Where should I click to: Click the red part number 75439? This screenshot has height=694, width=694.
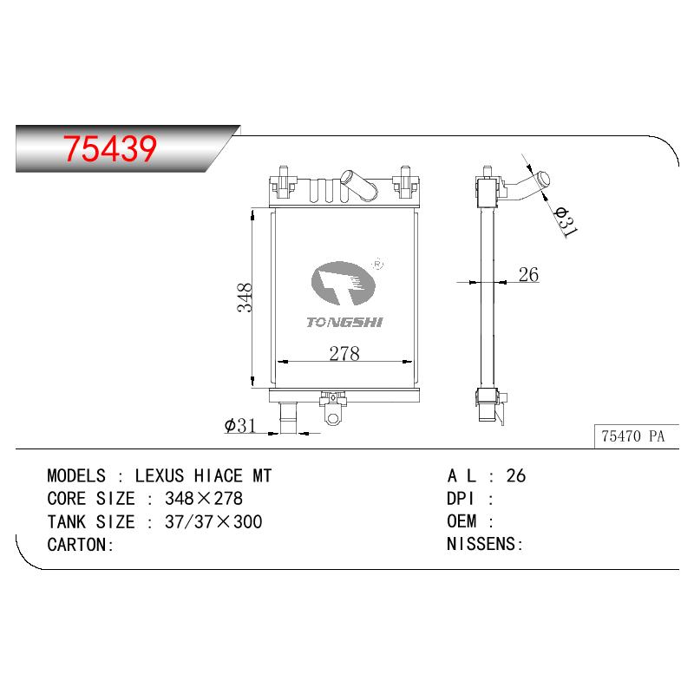[110, 147]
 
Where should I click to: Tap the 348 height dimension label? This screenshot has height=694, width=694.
[245, 298]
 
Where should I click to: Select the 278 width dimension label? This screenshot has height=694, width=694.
[344, 353]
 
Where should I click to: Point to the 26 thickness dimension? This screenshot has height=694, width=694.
[528, 274]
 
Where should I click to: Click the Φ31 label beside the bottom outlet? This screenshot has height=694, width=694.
[240, 425]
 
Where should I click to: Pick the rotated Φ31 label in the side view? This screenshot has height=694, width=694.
[566, 221]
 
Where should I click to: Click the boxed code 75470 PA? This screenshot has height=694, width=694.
[633, 436]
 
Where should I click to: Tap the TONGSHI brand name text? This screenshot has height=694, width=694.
[344, 322]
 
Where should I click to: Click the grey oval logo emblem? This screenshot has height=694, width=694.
[344, 284]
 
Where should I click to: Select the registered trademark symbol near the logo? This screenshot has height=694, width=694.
[377, 265]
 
